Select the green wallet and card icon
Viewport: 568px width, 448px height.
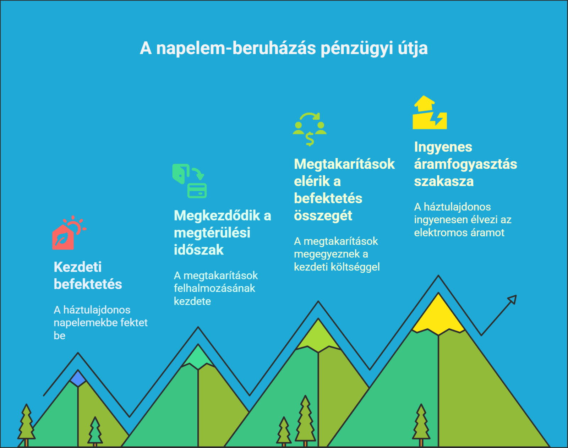pos(189,181)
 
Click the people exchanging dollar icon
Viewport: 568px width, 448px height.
pos(310,129)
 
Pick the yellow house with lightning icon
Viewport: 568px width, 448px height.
pos(430,113)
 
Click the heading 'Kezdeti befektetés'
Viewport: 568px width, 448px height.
pos(88,275)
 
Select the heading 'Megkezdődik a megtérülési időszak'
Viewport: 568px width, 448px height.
pos(223,233)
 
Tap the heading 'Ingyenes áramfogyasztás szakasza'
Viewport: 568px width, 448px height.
pos(466,164)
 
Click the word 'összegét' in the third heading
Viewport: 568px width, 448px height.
pos(323,216)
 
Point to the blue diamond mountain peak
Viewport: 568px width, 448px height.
pos(78,378)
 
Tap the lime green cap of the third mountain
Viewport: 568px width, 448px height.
pos(318,336)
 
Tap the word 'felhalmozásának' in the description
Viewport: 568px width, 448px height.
pos(214,289)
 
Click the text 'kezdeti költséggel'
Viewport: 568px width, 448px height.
pos(337,267)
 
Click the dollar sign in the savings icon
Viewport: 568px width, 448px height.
pos(310,139)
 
